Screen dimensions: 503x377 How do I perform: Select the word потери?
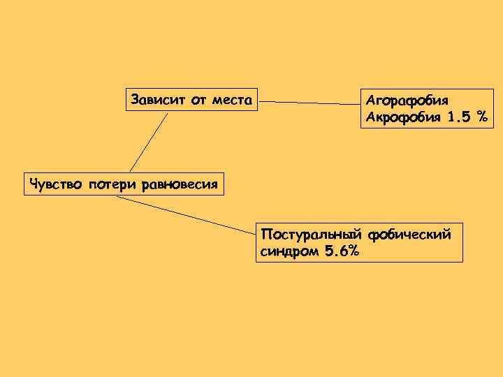[113, 184]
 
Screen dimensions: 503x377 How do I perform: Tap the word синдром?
[290, 251]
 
